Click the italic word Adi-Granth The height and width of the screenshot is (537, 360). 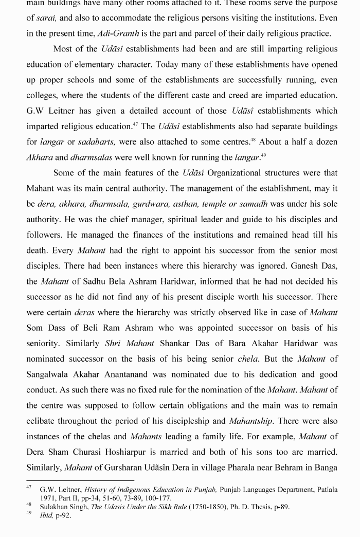pyautogui.click(x=118, y=33)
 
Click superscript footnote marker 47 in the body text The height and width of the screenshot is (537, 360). pyautogui.click(x=135, y=124)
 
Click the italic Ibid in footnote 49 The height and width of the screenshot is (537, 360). pyautogui.click(x=46, y=515)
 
